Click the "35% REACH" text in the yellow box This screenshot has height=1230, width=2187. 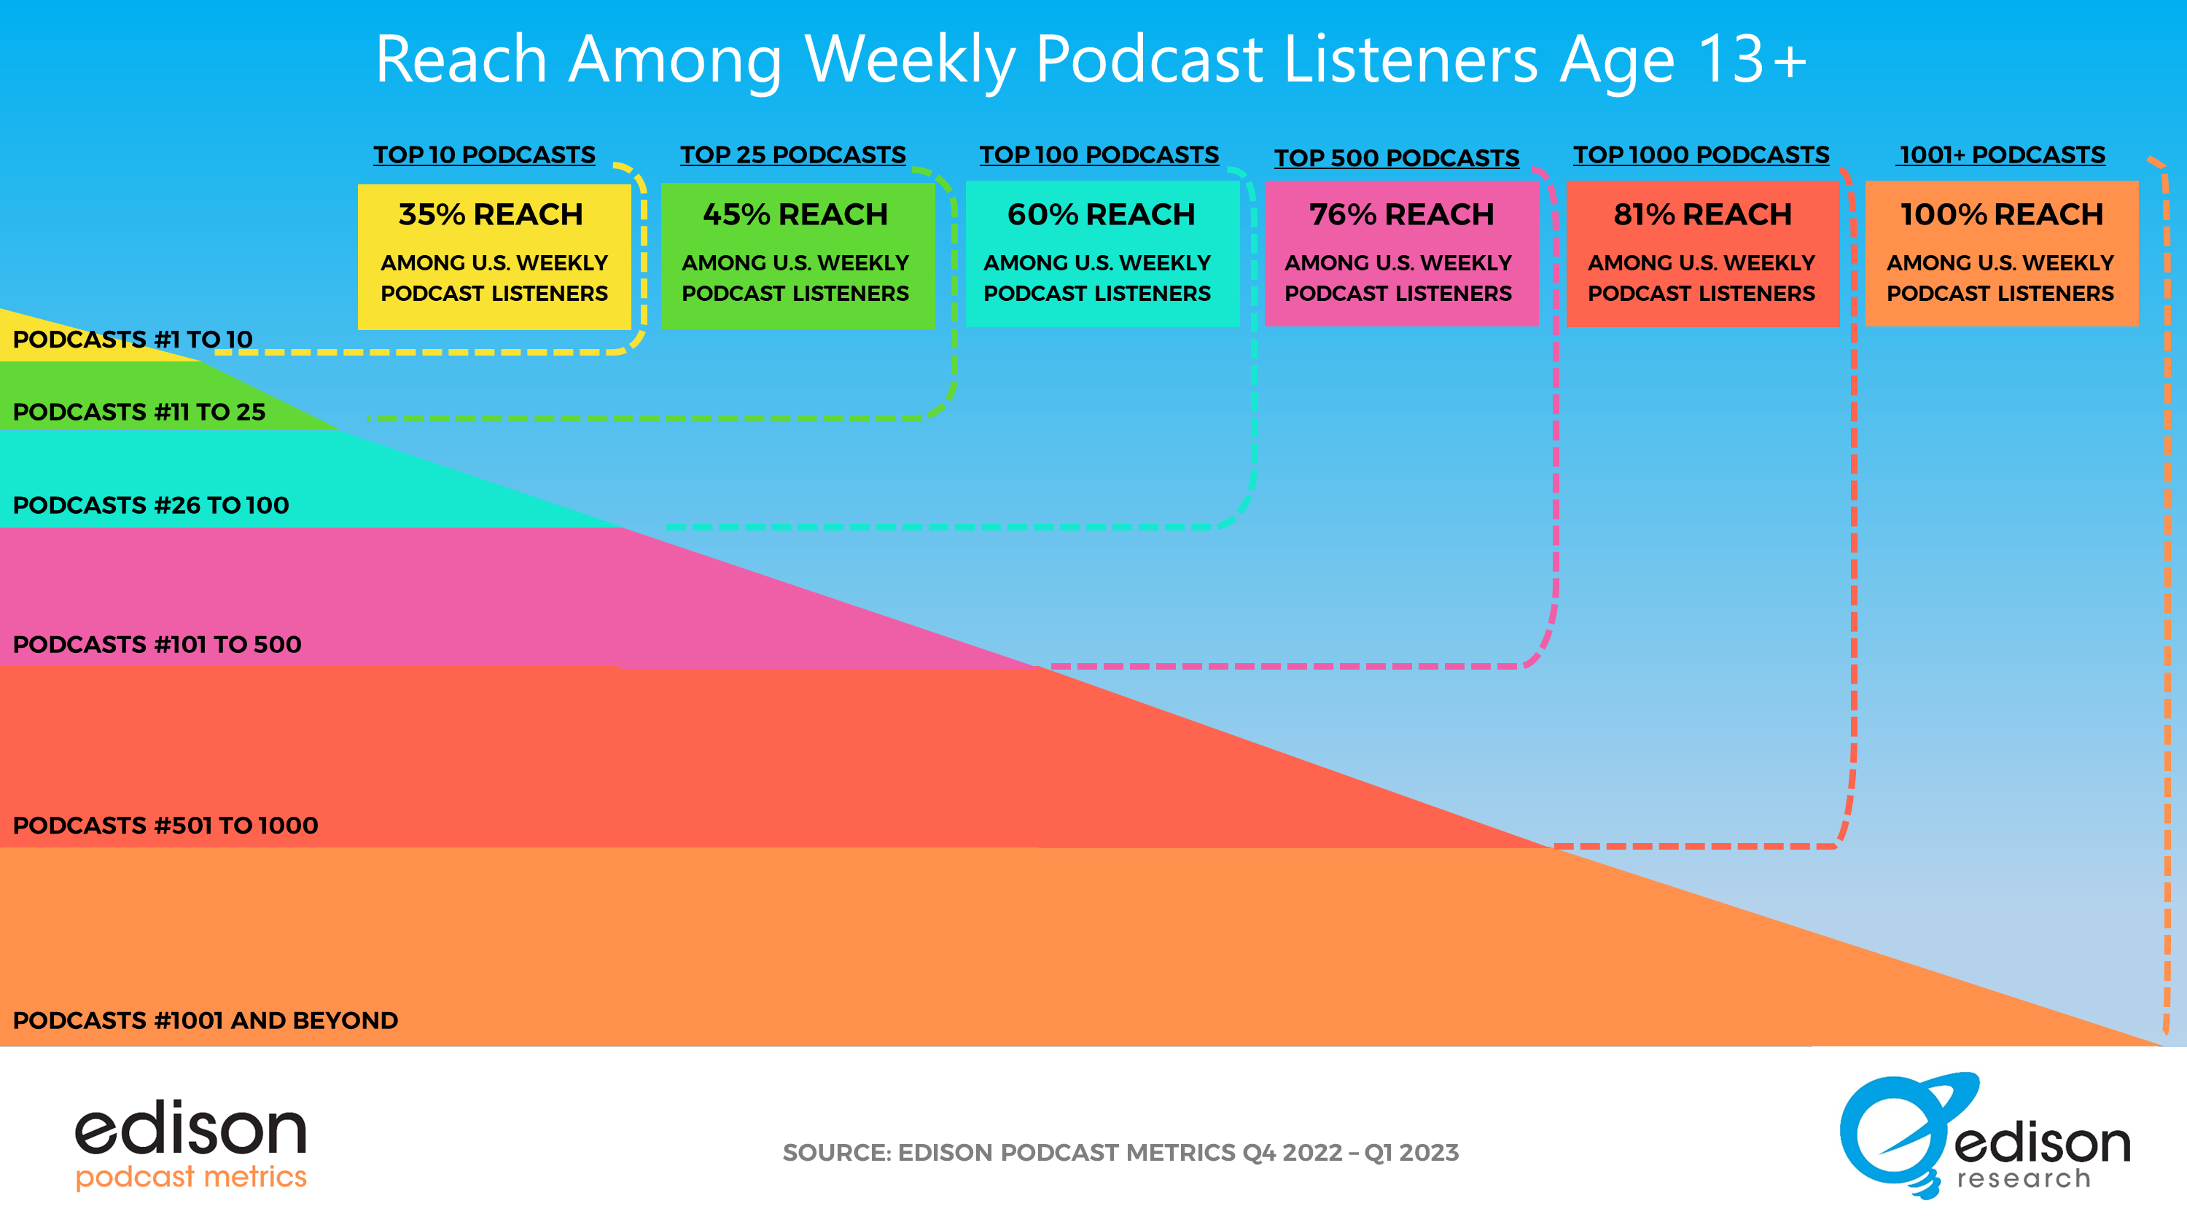click(x=491, y=215)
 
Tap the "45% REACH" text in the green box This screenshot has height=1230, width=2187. click(x=795, y=215)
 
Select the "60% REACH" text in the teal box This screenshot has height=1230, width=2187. click(x=1101, y=215)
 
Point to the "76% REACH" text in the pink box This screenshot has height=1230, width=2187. click(x=1402, y=215)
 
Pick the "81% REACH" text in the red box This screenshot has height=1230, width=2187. click(x=1702, y=215)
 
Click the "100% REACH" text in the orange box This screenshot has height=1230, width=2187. click(x=2002, y=215)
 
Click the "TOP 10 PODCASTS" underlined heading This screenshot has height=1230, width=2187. click(x=485, y=154)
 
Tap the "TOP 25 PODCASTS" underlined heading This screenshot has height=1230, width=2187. click(x=793, y=154)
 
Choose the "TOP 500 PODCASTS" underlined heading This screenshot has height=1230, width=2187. click(x=1397, y=158)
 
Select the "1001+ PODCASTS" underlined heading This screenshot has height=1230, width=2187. click(x=2002, y=154)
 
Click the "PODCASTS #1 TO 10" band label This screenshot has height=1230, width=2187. click(x=133, y=340)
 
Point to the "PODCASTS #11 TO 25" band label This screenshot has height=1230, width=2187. click(x=139, y=412)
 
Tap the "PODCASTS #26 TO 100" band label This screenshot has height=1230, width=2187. click(x=151, y=505)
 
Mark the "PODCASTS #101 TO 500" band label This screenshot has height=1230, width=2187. click(x=157, y=644)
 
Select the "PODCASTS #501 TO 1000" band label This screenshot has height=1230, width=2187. click(x=165, y=825)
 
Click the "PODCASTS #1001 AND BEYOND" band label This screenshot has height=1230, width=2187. click(x=206, y=1020)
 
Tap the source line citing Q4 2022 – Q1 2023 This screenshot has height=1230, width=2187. click(x=1120, y=1153)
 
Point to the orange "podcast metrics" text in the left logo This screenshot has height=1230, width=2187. click(x=191, y=1177)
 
